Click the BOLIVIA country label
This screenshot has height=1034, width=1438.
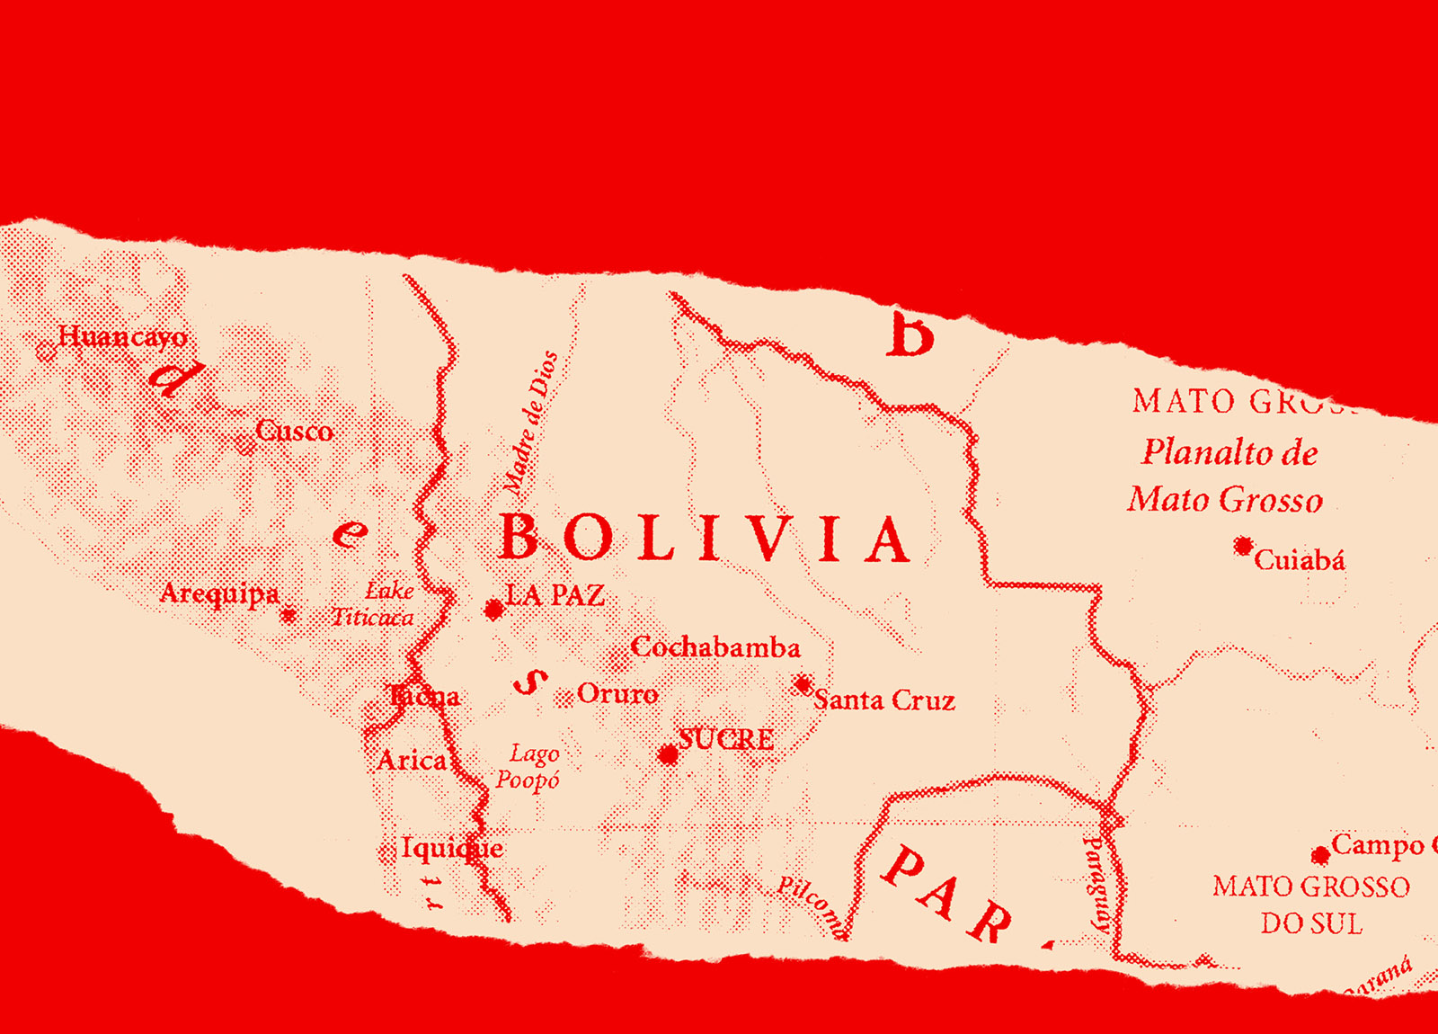coord(704,539)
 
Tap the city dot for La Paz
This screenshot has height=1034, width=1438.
coord(493,610)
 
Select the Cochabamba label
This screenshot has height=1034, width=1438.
coord(715,647)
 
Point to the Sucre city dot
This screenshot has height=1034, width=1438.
coord(668,754)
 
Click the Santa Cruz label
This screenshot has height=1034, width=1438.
coord(884,700)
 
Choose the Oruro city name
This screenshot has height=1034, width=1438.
coord(617,694)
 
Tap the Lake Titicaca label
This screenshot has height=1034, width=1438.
coord(374,604)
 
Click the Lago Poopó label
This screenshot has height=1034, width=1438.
coord(528,766)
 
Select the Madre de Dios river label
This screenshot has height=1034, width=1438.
coord(530,423)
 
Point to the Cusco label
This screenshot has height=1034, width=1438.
coord(295,432)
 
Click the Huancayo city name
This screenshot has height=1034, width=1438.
coord(123,337)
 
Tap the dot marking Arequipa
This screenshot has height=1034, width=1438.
coord(288,615)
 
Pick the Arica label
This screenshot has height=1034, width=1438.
coord(412,761)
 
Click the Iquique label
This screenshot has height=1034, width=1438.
coord(452,848)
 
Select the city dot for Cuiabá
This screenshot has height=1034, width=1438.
coord(1243,546)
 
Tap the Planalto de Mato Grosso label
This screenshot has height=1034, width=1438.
coord(1228,476)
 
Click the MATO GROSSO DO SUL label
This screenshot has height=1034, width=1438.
coord(1311,905)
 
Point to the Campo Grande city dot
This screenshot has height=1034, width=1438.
coord(1320,854)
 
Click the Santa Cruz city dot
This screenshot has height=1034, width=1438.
coord(803,684)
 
